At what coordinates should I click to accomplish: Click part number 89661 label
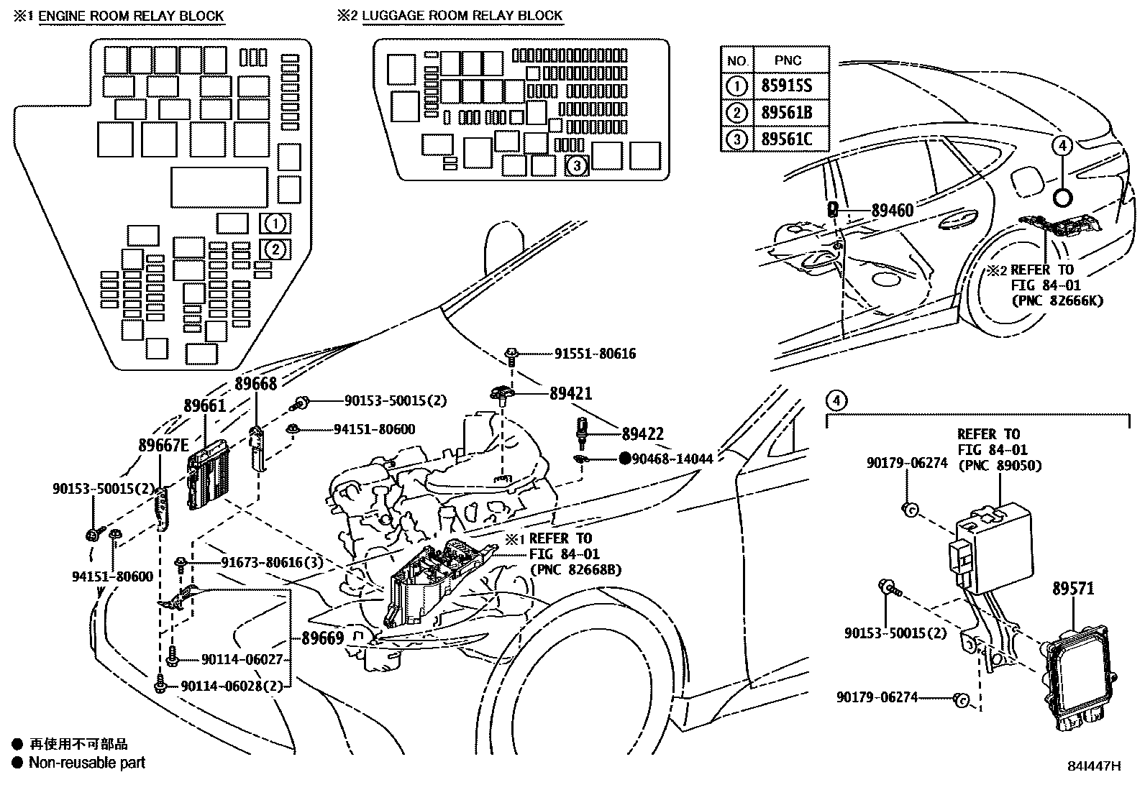204,406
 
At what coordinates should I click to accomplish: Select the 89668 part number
255,385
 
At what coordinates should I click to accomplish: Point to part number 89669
322,638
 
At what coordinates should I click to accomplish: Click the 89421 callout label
570,393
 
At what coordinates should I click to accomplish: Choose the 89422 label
642,434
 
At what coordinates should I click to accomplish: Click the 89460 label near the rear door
892,211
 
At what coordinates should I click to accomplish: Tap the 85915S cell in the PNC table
786,87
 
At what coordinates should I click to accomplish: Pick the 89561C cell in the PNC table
786,139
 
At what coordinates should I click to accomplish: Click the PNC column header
788,61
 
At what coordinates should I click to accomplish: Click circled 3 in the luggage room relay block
577,166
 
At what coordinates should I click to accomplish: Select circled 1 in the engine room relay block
276,224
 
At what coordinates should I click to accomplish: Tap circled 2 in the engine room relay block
276,249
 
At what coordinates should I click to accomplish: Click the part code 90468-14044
672,459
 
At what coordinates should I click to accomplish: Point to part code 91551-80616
595,354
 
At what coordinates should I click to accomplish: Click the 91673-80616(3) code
262,563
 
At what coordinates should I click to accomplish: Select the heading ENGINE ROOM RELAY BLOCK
131,16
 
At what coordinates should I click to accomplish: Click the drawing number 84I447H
1093,766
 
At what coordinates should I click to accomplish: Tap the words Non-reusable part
86,763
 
